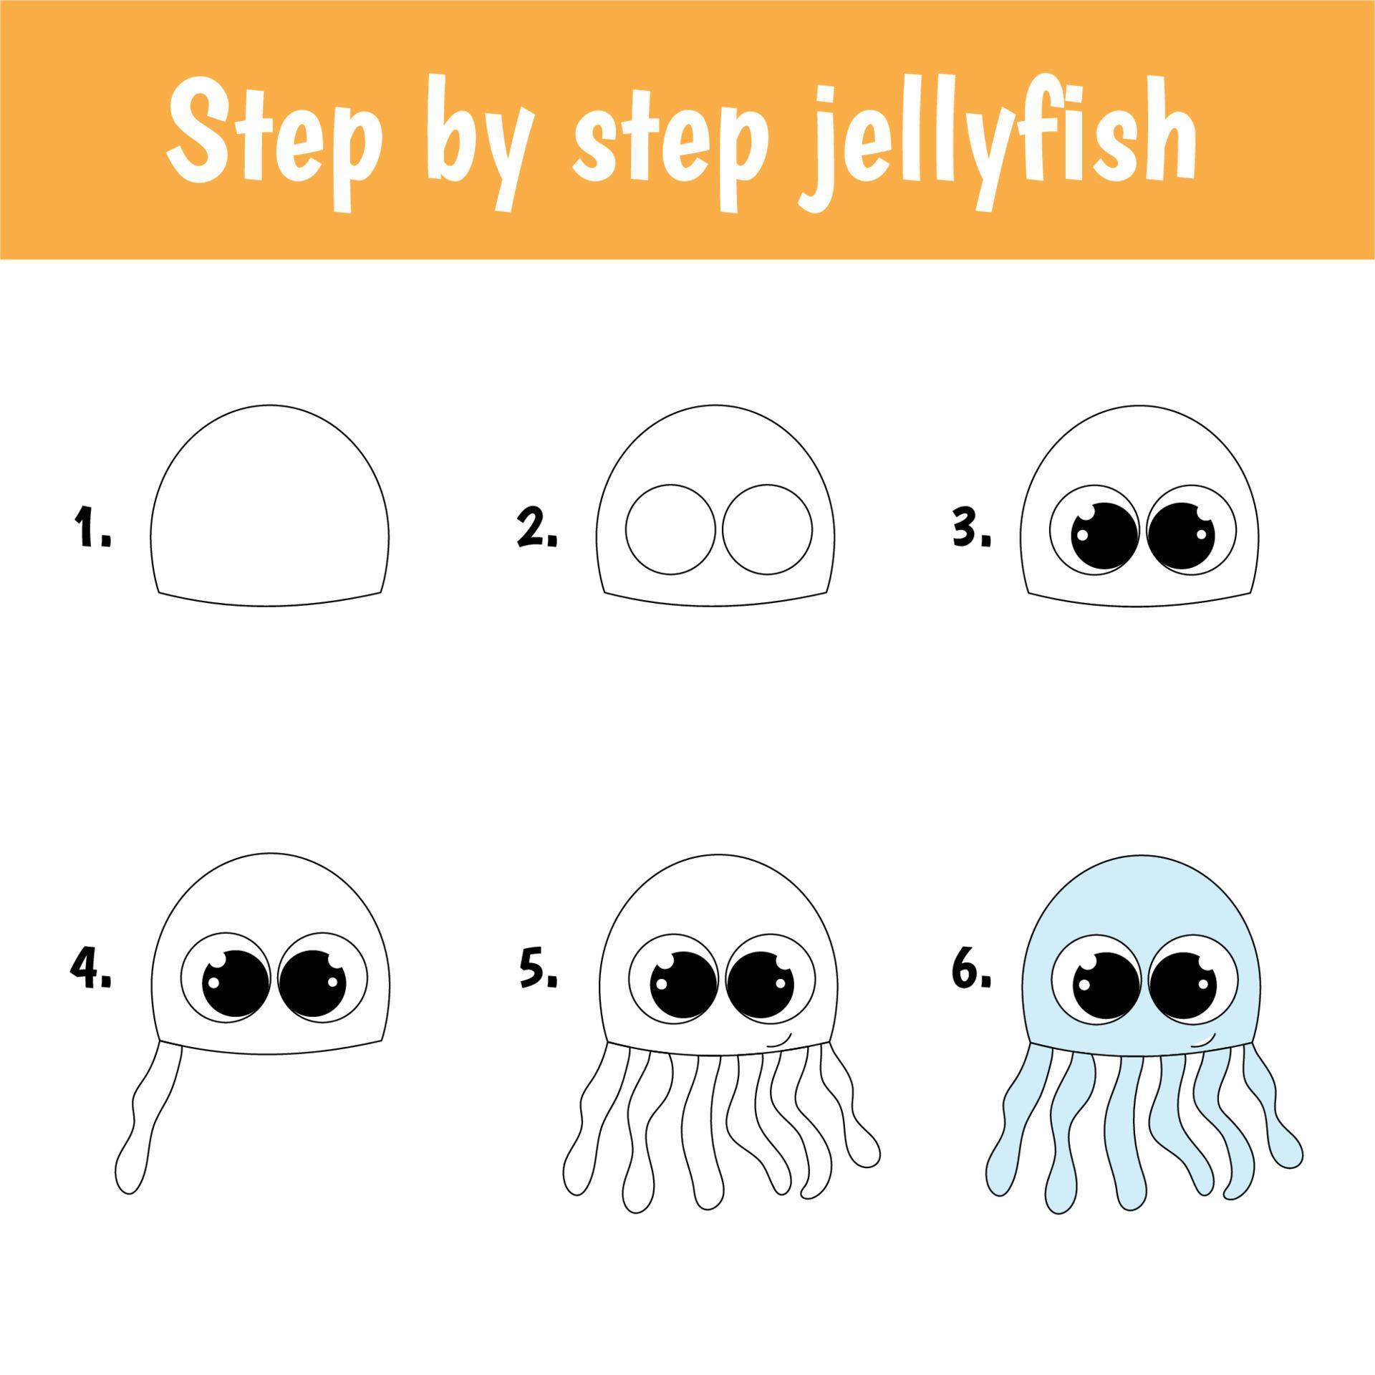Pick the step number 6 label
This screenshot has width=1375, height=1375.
971,969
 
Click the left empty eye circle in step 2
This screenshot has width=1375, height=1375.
626,530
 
